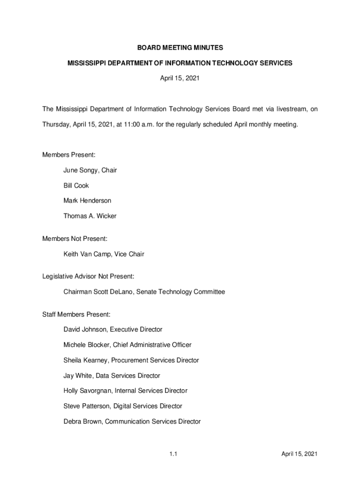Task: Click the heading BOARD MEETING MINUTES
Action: [180, 48]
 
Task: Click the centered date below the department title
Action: [180, 79]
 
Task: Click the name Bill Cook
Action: [76, 186]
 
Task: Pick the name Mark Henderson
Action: [87, 201]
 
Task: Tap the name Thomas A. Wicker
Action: [90, 216]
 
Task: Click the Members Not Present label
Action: [75, 239]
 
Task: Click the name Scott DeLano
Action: [113, 292]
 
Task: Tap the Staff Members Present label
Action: [76, 315]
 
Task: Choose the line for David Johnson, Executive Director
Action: [113, 330]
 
